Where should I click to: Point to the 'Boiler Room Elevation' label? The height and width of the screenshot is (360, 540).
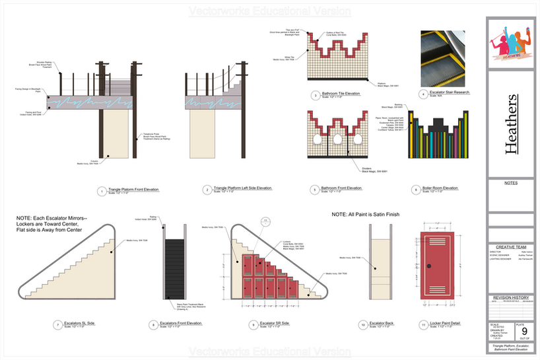tap(440, 188)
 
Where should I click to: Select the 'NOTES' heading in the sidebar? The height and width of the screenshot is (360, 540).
tap(510, 183)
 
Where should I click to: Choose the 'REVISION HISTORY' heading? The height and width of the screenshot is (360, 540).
tap(510, 298)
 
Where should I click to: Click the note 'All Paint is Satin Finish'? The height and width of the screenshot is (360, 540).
tap(366, 215)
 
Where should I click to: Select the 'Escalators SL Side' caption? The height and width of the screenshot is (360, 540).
tap(81, 323)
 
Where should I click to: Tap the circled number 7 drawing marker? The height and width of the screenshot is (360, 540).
tap(58, 324)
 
